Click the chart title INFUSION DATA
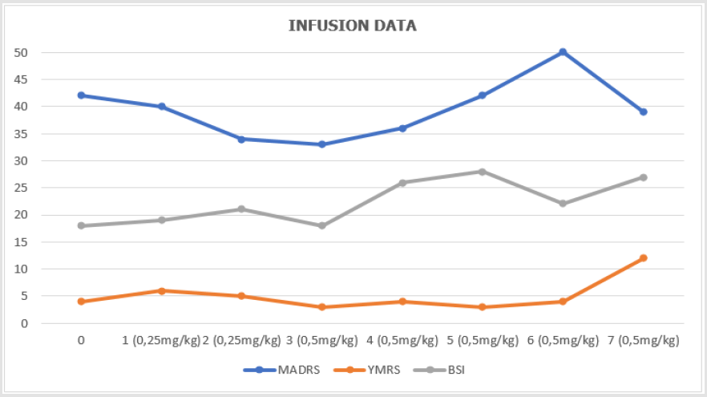point(353,26)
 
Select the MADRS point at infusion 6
point(563,52)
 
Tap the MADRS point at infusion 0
point(81,95)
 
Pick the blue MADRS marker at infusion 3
point(321,144)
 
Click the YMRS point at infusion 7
point(643,258)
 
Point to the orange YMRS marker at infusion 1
point(161,291)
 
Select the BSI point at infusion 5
point(483,172)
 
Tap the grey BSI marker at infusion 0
point(81,225)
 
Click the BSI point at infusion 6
point(563,204)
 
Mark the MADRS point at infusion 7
point(643,111)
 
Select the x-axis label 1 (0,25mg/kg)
point(161,340)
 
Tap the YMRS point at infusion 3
point(321,307)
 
